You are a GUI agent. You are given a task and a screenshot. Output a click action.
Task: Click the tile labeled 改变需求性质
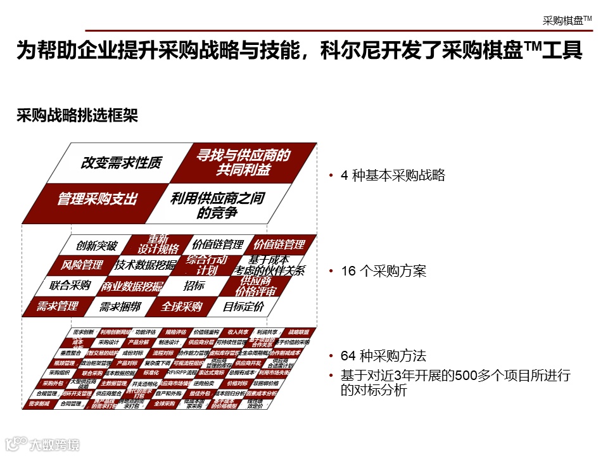[121, 163]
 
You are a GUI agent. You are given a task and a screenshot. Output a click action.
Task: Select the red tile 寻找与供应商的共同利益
[243, 163]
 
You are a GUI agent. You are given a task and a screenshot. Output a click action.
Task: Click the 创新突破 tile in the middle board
[96, 246]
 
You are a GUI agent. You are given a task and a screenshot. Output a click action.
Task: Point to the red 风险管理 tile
[82, 265]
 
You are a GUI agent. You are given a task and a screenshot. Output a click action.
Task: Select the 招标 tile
[194, 286]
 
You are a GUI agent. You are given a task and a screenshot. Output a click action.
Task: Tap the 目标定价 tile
[243, 307]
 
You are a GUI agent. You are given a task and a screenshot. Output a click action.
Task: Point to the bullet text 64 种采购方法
[383, 355]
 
